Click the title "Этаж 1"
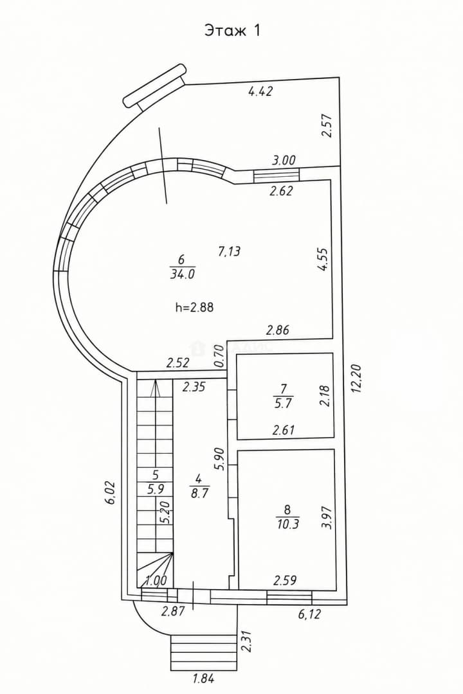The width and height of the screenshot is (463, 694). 232,31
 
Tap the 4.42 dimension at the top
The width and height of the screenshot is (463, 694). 260,92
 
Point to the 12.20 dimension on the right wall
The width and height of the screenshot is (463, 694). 358,378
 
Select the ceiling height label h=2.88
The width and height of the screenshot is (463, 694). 194,307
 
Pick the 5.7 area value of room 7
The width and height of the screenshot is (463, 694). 284,403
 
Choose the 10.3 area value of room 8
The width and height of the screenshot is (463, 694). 287,524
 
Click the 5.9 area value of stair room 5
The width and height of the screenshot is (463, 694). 155,490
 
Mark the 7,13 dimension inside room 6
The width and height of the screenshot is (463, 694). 229,252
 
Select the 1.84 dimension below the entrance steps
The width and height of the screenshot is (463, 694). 203,678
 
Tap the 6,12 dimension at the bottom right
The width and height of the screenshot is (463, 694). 309,614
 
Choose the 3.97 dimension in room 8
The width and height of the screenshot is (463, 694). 327,517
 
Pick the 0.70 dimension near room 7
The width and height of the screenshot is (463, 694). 218,356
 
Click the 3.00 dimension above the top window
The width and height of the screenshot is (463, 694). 284,160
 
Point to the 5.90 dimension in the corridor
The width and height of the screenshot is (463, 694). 219,459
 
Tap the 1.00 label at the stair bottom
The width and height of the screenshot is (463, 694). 156,580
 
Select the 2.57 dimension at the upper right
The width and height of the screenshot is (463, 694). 327,126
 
